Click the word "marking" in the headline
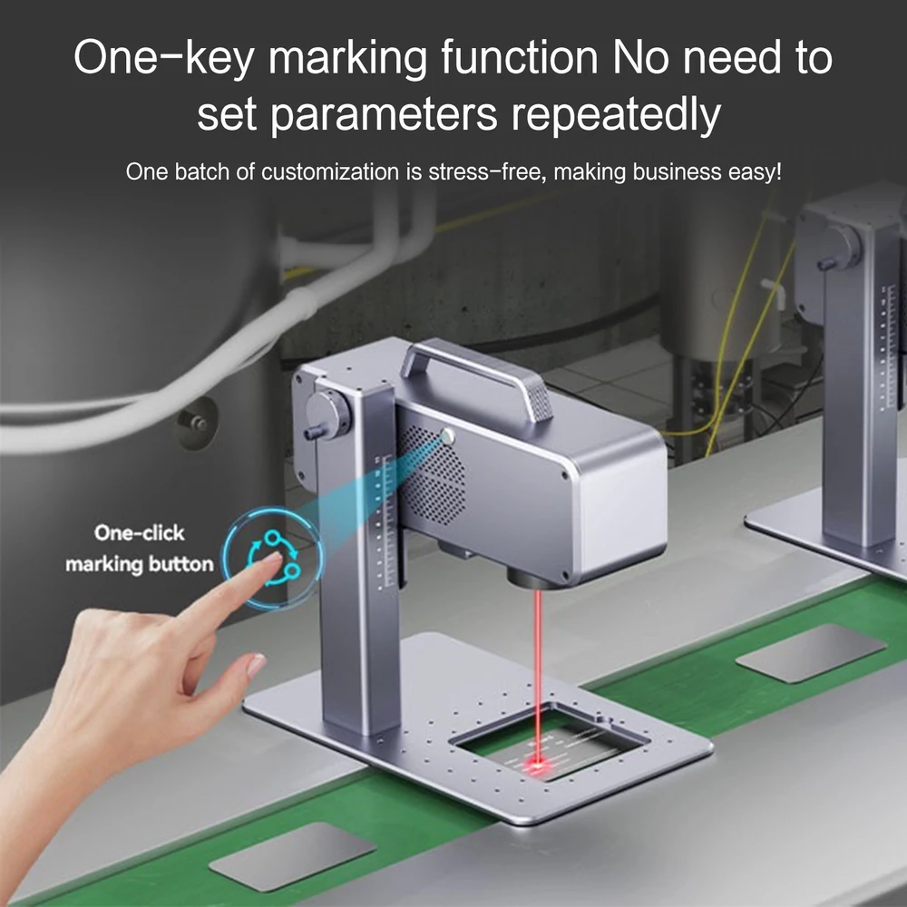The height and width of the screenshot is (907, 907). [x=347, y=59]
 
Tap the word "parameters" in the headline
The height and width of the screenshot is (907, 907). [x=384, y=113]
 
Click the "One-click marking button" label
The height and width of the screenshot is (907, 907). [x=140, y=549]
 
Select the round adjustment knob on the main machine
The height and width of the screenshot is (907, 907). [x=328, y=415]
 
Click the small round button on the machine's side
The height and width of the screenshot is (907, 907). [x=448, y=436]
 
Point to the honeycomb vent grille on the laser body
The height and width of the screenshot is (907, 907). [x=432, y=475]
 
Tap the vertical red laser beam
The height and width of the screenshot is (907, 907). [x=537, y=673]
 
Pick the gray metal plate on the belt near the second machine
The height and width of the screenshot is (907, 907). [x=811, y=652]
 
